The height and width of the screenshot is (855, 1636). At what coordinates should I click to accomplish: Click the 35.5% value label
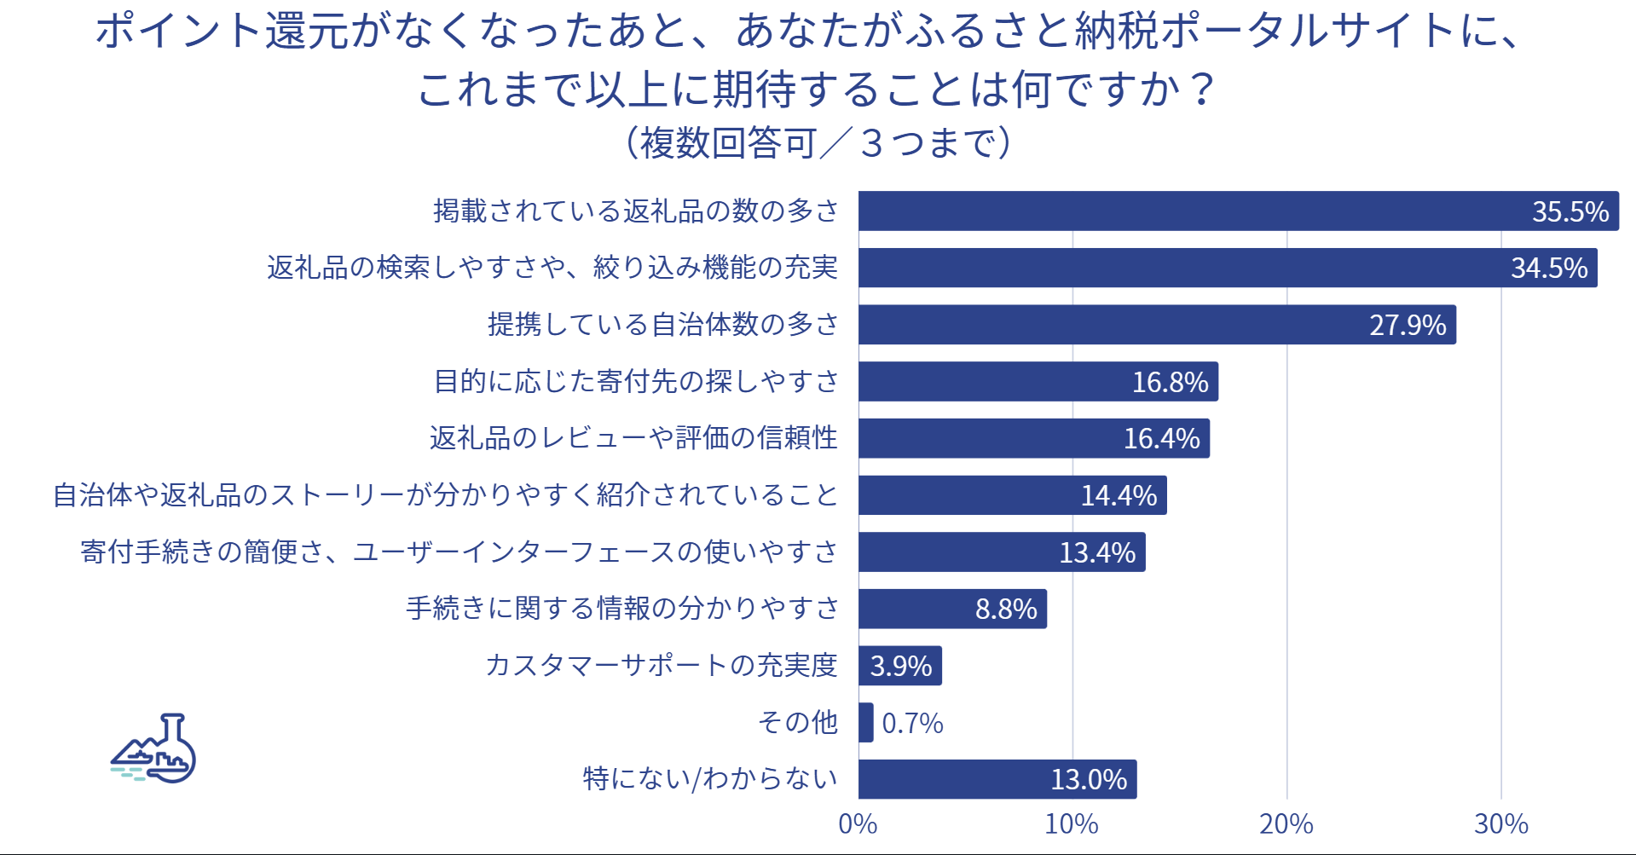pos(1570,211)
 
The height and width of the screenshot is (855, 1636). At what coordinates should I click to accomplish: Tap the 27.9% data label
pos(1408,325)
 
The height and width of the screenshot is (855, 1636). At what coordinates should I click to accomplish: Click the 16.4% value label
pos(1161,438)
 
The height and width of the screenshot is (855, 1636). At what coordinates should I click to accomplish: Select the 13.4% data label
pos(1097,552)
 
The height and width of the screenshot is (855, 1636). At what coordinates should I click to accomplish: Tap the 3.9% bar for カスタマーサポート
pos(899,666)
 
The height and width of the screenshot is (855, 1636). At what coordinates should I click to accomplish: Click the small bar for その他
pos(865,723)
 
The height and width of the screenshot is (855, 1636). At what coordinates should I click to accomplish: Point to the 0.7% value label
pos(912,724)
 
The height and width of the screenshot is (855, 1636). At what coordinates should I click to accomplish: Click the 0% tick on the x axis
pos(858,824)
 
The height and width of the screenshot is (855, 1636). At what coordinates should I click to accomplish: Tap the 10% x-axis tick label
pos(1072,824)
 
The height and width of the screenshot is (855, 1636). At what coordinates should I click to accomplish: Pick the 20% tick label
pos(1286,824)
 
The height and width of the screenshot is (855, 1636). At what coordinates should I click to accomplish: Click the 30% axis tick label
pos(1501,824)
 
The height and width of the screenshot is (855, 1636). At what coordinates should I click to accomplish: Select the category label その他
pos(798,723)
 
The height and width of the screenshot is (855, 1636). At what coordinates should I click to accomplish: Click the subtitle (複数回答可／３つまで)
pos(818,142)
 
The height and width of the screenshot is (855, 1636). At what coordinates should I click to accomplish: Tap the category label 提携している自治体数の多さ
pos(663,325)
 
